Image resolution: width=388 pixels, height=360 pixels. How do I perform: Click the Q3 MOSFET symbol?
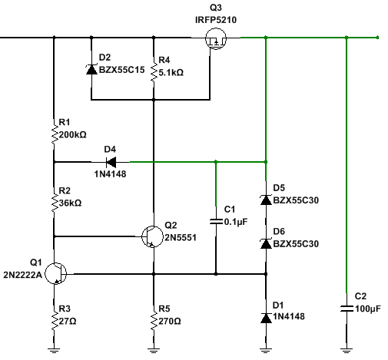tap(216, 38)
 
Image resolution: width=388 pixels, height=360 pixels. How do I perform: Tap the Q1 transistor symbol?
tap(56, 273)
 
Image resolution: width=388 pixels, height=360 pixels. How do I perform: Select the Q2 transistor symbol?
tap(152, 236)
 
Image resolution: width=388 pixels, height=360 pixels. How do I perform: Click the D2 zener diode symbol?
tap(91, 69)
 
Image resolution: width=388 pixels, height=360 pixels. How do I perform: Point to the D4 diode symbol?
tap(111, 162)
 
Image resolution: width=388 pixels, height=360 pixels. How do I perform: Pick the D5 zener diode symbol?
tap(266, 200)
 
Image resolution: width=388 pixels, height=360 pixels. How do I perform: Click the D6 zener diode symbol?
tap(266, 243)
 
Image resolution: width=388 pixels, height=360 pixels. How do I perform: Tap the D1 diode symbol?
tap(266, 318)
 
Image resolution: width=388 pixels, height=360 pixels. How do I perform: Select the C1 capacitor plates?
tap(216, 221)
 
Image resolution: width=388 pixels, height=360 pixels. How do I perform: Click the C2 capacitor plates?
tap(347, 309)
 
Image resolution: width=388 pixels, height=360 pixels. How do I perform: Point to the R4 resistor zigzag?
tap(154, 72)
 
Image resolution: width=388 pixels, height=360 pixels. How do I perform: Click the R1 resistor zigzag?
tap(55, 134)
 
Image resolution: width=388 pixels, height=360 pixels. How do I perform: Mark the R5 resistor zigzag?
tap(154, 321)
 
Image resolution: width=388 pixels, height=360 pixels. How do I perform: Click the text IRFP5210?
tap(216, 20)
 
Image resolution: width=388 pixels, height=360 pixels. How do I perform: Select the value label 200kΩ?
tap(73, 134)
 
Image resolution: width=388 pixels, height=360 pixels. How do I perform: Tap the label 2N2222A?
tap(22, 275)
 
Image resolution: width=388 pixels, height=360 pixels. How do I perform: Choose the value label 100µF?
tap(368, 309)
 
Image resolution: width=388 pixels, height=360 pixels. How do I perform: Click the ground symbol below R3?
tap(54, 350)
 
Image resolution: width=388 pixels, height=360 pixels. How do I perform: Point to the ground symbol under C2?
tap(347, 350)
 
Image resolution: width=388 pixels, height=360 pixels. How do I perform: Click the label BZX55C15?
tap(121, 70)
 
